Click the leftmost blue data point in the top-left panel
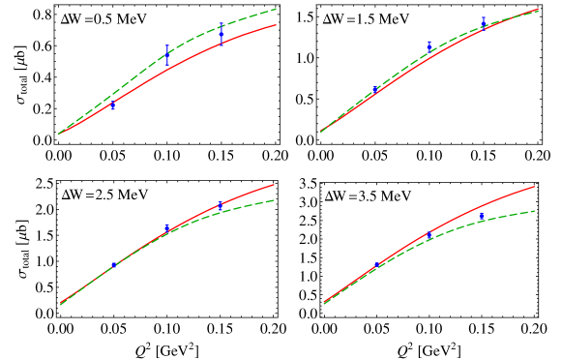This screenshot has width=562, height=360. click(x=113, y=105)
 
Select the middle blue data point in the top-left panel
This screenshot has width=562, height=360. click(x=166, y=55)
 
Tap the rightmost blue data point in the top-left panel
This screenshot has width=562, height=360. click(x=222, y=36)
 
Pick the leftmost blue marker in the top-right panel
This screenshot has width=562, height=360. click(x=376, y=90)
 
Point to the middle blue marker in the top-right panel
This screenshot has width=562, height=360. click(x=429, y=46)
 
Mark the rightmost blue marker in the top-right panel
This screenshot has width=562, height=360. click(x=484, y=22)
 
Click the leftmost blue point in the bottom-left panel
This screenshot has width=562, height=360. click(x=113, y=264)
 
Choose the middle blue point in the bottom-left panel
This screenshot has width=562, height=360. click(x=167, y=228)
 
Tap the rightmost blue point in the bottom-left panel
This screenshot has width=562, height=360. click(x=221, y=205)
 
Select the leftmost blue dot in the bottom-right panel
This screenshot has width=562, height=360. click(x=376, y=264)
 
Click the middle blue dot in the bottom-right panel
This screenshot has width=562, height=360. click(x=429, y=235)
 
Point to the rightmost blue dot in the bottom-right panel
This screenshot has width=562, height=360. click(x=482, y=216)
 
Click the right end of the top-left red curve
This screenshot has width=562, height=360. click(x=277, y=25)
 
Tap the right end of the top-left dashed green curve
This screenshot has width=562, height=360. click(x=278, y=9)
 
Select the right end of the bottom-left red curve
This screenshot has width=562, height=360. click(x=275, y=184)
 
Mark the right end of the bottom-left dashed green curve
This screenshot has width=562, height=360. click(x=275, y=200)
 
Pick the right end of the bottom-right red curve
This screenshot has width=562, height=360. click(x=535, y=186)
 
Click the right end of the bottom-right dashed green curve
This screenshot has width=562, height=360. click(x=535, y=210)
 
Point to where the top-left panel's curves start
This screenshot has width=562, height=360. click(x=58, y=134)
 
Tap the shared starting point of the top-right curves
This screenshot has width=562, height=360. click(x=321, y=132)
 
